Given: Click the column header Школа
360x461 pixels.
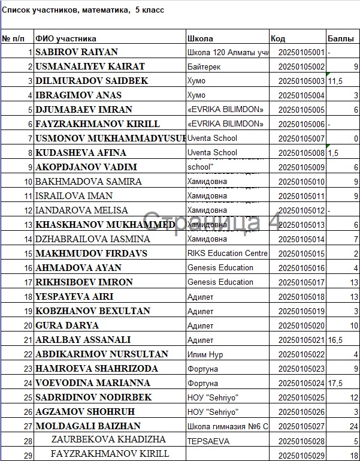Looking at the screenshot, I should [200, 38].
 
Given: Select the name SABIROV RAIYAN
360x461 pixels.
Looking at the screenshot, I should [77, 52].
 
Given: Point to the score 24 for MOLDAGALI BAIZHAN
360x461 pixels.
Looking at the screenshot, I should [353, 426].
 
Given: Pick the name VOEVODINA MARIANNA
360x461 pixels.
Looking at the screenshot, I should [93, 383].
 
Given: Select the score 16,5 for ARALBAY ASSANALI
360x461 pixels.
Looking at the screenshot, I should [335, 340].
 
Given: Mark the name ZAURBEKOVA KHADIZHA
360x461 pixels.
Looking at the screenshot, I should [108, 440].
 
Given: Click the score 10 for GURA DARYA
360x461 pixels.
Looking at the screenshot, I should [353, 326].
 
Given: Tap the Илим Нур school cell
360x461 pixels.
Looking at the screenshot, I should [205, 354].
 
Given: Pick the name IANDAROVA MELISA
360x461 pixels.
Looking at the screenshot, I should [81, 210].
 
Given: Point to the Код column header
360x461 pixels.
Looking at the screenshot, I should [278, 38].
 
